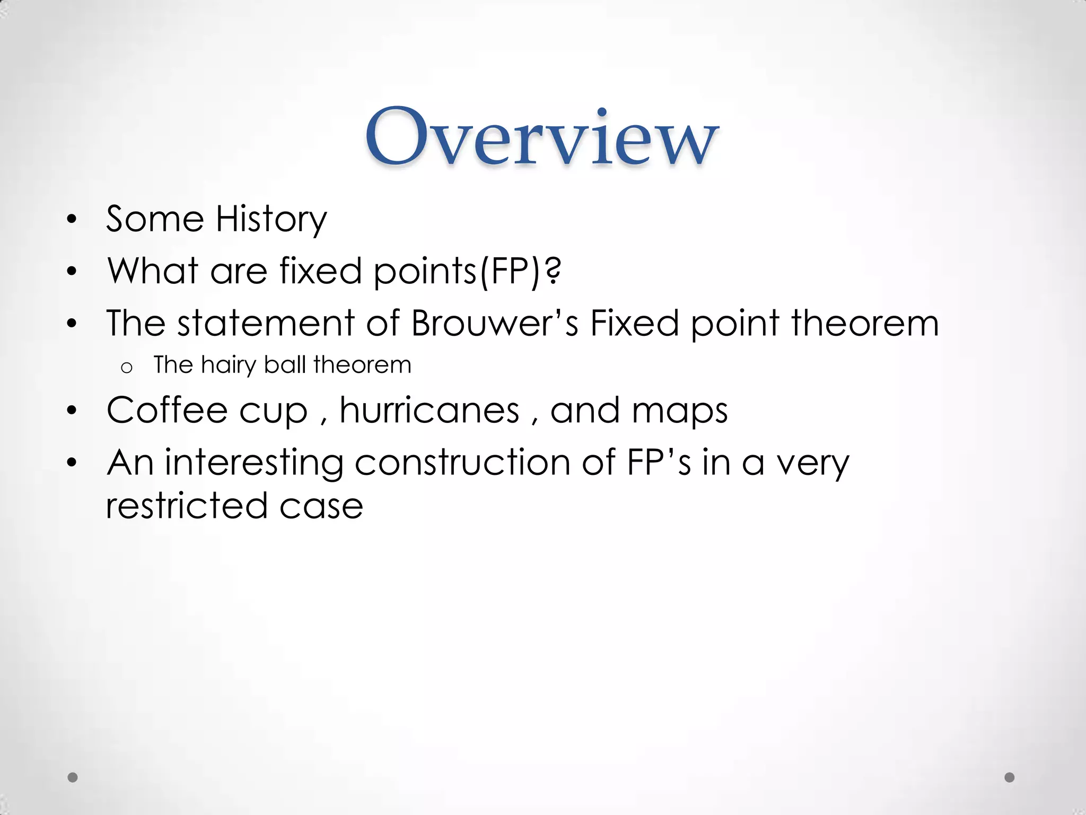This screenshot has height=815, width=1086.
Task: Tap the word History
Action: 271,219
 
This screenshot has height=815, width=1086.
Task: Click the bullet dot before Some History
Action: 72,220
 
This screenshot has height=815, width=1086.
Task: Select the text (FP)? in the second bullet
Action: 520,271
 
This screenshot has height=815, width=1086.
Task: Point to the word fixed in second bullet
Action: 320,271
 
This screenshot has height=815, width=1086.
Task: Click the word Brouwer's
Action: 494,323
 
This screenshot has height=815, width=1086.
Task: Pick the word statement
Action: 265,323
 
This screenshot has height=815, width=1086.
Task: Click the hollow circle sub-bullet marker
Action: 126,367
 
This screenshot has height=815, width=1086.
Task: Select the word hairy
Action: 228,365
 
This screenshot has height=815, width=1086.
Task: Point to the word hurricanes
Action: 430,410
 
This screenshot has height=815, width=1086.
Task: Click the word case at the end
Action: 321,506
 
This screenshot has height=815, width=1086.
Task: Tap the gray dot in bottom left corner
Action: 73,777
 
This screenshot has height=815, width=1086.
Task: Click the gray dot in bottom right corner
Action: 1010,777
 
